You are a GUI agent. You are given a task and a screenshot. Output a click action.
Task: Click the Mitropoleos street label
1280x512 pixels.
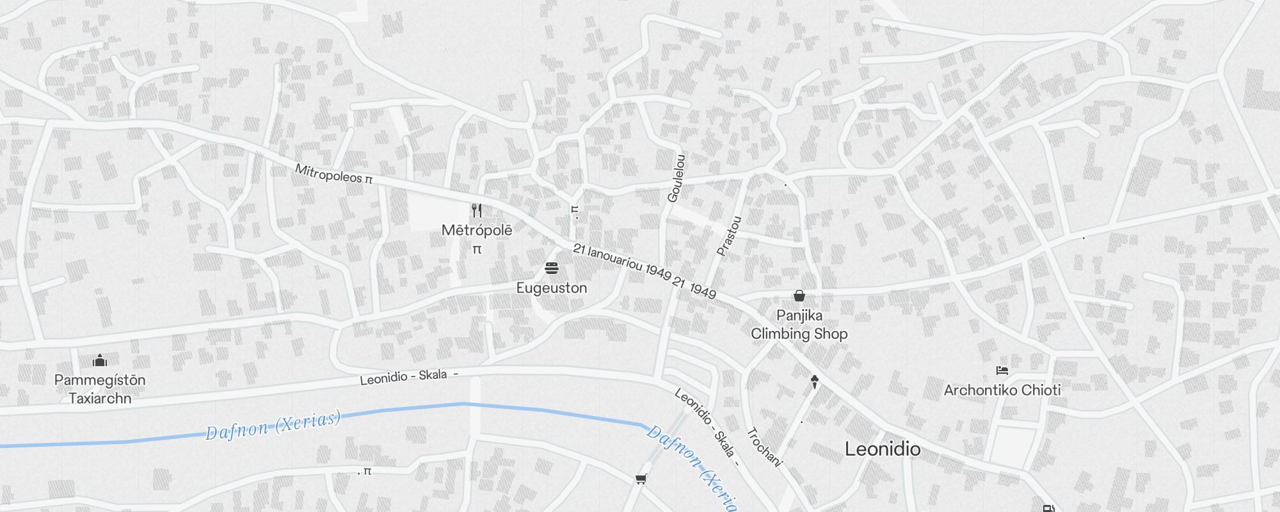coord(333,173)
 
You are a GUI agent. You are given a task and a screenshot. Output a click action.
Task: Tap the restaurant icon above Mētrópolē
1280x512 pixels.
coord(476,211)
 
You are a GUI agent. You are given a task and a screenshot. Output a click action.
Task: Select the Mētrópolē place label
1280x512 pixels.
coord(477,230)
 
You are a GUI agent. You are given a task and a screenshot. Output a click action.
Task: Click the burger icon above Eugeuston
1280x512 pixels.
coord(552,268)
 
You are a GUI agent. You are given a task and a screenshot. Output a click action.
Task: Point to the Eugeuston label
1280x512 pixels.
coord(552,288)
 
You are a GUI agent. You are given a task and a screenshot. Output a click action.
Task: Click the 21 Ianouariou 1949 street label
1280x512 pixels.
coord(644,271)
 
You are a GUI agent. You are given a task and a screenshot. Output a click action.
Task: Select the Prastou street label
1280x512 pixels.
coord(729,236)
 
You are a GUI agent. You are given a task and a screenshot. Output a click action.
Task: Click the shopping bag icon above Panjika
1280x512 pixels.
coord(799,296)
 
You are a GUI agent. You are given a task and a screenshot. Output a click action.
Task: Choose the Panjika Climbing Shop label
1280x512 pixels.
coord(799,324)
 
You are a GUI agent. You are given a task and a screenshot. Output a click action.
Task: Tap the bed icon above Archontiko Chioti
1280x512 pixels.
coord(1002,371)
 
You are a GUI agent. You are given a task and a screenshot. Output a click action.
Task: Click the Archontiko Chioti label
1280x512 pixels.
coord(1002,390)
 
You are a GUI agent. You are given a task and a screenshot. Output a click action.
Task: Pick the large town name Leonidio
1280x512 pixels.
coord(883,449)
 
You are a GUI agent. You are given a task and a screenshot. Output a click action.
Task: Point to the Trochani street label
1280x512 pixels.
coord(764,447)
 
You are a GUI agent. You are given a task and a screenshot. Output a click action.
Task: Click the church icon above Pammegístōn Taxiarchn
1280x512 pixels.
coord(100,360)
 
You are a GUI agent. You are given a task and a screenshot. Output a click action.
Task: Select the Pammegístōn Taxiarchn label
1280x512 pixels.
coord(100,389)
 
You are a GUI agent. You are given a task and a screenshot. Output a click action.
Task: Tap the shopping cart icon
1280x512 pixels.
coord(641,479)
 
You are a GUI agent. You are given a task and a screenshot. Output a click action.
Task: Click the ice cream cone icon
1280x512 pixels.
coord(814,382)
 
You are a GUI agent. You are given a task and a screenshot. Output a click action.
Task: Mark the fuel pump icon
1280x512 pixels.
coord(1049,509)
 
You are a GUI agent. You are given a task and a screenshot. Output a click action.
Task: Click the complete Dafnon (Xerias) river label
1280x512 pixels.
coord(273,426)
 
